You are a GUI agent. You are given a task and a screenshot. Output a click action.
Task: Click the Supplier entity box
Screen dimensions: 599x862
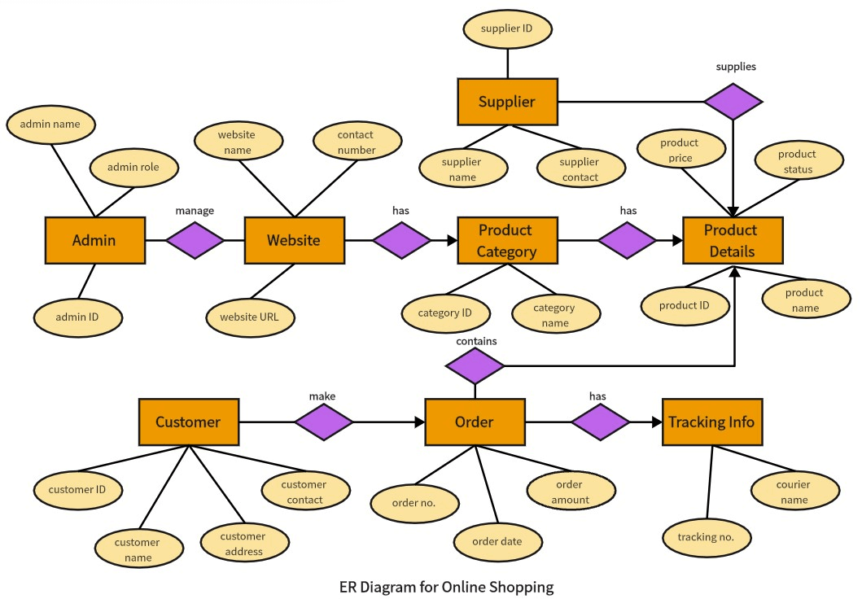[507, 102]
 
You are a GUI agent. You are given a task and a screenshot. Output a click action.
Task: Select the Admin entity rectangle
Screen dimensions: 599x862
[94, 240]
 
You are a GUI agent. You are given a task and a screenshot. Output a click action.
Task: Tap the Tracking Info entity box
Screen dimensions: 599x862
[712, 422]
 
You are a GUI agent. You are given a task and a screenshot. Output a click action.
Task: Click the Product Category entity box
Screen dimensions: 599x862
[507, 240]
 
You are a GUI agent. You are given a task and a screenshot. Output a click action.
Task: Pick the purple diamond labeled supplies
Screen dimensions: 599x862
[733, 102]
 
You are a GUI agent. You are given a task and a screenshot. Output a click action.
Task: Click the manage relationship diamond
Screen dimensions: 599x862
[195, 240]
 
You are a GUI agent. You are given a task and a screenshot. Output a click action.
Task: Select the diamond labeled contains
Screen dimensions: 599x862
[475, 366]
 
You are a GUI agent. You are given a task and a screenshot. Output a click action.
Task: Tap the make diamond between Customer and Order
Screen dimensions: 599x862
[323, 422]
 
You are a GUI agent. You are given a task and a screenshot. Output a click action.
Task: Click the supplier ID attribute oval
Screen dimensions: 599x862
[507, 29]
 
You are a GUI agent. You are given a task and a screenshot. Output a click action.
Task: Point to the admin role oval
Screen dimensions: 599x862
[133, 168]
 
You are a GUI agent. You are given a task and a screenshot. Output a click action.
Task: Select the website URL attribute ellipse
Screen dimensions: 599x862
[251, 317]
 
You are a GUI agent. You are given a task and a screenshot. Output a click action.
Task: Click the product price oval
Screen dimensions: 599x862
[680, 151]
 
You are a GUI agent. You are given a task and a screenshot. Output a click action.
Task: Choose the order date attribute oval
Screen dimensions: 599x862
[497, 541]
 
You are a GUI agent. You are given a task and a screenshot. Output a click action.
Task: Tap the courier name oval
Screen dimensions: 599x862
[793, 492]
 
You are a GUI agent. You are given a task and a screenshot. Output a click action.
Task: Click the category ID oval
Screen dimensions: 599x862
[445, 313]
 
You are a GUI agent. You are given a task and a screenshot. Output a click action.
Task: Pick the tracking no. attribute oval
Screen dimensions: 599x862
[706, 537]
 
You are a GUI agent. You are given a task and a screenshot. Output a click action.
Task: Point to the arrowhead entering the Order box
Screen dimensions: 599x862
[420, 422]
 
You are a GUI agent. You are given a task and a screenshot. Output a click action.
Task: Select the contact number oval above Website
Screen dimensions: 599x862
[356, 142]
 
